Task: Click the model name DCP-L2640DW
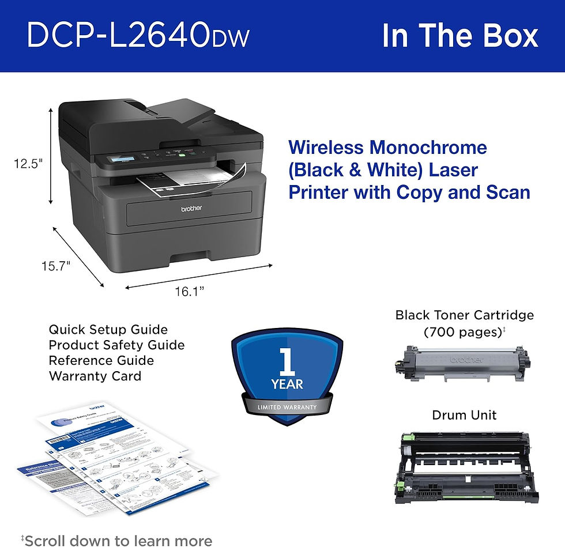tap(138, 36)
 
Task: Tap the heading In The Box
tap(459, 36)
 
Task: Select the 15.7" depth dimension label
tap(56, 266)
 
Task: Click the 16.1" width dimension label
tap(191, 292)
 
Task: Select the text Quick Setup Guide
tap(108, 330)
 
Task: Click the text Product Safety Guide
tap(116, 345)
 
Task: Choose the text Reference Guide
tap(101, 361)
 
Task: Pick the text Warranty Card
tap(95, 376)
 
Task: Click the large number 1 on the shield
tap(287, 361)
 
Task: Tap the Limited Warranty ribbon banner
tap(287, 407)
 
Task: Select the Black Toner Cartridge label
tap(464, 315)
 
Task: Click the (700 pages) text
tap(464, 332)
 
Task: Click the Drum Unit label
tap(464, 415)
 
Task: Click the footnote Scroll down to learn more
tap(117, 540)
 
